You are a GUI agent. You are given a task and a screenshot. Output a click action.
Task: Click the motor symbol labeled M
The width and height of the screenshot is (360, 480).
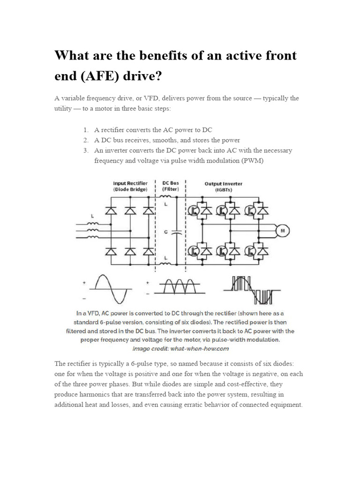pyautogui.click(x=283, y=231)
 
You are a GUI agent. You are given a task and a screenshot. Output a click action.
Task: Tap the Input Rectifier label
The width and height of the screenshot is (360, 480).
pyautogui.click(x=130, y=187)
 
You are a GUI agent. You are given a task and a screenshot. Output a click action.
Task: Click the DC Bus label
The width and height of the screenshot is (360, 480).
pyautogui.click(x=170, y=187)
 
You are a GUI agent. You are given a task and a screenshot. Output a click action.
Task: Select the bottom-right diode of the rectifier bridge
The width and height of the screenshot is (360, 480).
pyautogui.click(x=148, y=252)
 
